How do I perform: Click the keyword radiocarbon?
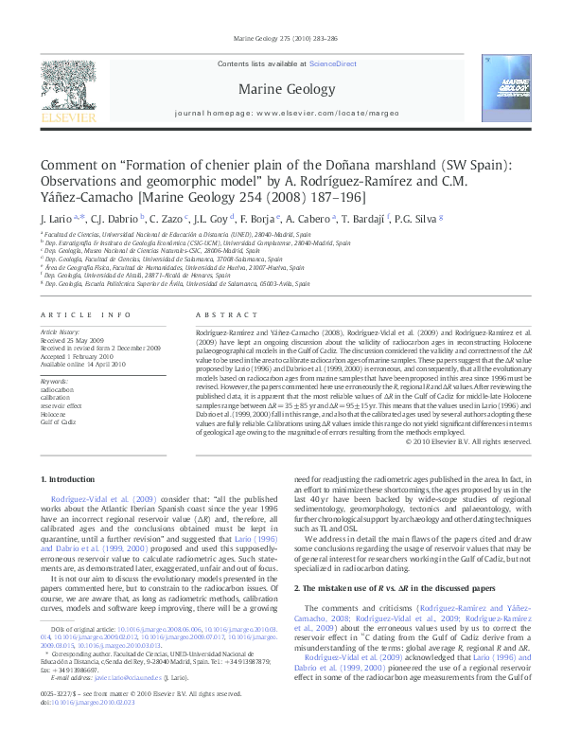(56, 389)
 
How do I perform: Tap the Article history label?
(61, 333)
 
